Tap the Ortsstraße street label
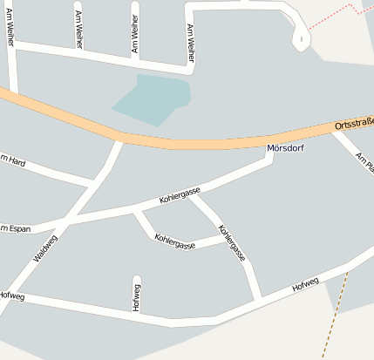353,126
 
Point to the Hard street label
12,160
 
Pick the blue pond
152,98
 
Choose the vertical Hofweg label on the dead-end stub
137,296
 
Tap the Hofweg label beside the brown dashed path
306,283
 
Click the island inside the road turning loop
301,37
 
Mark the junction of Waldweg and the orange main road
118,139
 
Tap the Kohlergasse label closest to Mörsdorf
180,196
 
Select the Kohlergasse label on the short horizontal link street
174,241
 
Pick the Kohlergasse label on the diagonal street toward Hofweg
232,243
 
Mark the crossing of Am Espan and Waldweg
69,221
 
